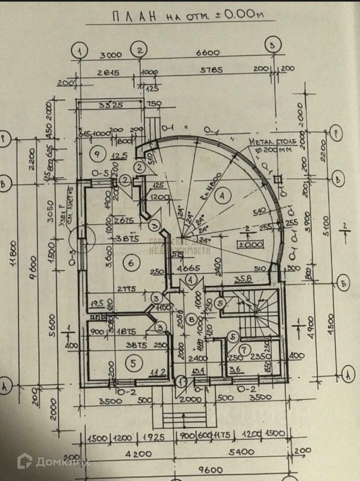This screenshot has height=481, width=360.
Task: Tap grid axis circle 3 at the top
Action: pyautogui.click(x=273, y=44)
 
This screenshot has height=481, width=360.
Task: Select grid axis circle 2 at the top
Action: pyautogui.click(x=140, y=50)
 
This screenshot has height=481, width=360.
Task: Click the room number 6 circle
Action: pyautogui.click(x=130, y=264)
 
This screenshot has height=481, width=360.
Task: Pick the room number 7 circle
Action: pyautogui.click(x=243, y=351)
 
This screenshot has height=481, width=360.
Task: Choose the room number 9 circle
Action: pyautogui.click(x=95, y=154)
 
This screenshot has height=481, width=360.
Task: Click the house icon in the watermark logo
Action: pyautogui.click(x=24, y=461)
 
